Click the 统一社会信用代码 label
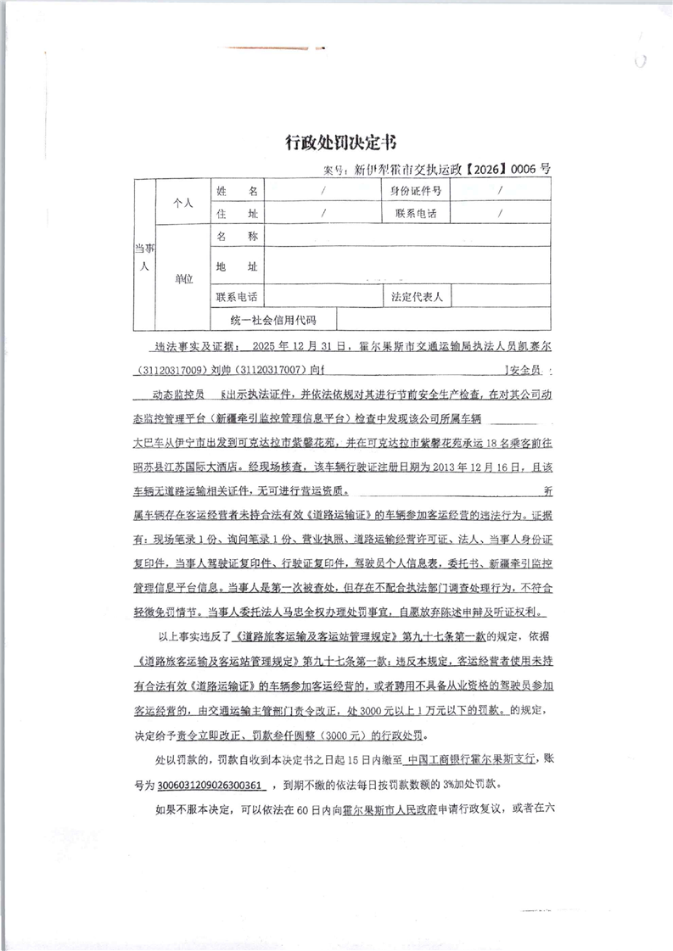click(x=272, y=320)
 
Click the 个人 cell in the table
click(x=183, y=203)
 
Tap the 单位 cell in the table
click(x=183, y=278)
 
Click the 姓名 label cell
click(x=237, y=191)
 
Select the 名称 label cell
click(x=237, y=237)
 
